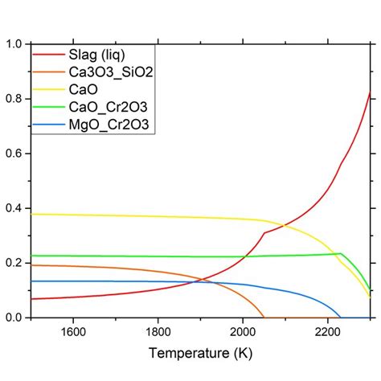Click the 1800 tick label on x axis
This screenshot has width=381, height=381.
click(x=158, y=331)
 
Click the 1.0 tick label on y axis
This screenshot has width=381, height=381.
click(x=14, y=43)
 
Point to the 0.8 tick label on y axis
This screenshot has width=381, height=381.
click(x=14, y=98)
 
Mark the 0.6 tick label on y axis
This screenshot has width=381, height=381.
click(x=14, y=153)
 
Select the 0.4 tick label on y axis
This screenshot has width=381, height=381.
click(x=14, y=208)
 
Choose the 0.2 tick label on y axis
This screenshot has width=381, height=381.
click(x=14, y=263)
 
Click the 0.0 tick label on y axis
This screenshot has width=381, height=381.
click(x=14, y=317)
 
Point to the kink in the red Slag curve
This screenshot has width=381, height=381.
click(x=264, y=233)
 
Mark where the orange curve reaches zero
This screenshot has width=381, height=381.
click(x=264, y=317)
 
